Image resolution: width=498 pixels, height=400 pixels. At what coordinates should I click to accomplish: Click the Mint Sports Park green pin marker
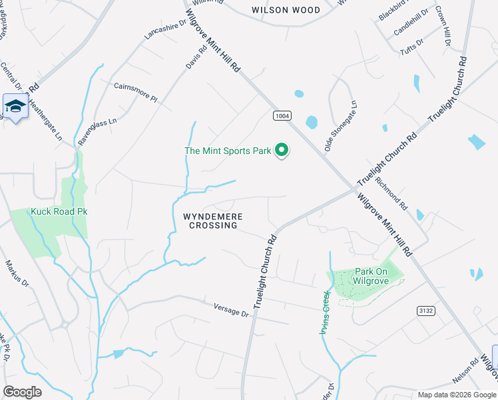pos(282,151)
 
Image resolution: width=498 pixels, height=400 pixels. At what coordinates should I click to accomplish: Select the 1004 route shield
pos(282,116)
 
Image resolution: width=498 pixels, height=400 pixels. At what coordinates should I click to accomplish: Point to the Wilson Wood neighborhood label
pos(286,10)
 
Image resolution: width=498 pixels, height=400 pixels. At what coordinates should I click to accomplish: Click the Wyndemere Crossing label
pos(213,221)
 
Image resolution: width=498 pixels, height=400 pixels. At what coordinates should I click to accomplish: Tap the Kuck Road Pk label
pos(59,212)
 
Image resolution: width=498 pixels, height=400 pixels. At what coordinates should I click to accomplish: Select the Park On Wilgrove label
pos(377,276)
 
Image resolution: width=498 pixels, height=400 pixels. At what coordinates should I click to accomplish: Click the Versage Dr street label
pos(231,310)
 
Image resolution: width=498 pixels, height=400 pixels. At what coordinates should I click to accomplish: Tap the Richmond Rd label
pos(391,189)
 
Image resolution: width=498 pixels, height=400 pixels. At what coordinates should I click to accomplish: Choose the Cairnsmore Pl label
pos(135,92)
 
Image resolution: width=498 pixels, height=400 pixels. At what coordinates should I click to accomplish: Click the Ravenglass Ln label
pos(97,131)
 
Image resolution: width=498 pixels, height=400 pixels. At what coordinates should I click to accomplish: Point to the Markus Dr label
pos(17,274)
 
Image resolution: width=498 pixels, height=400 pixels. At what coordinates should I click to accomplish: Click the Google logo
pos(23,392)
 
